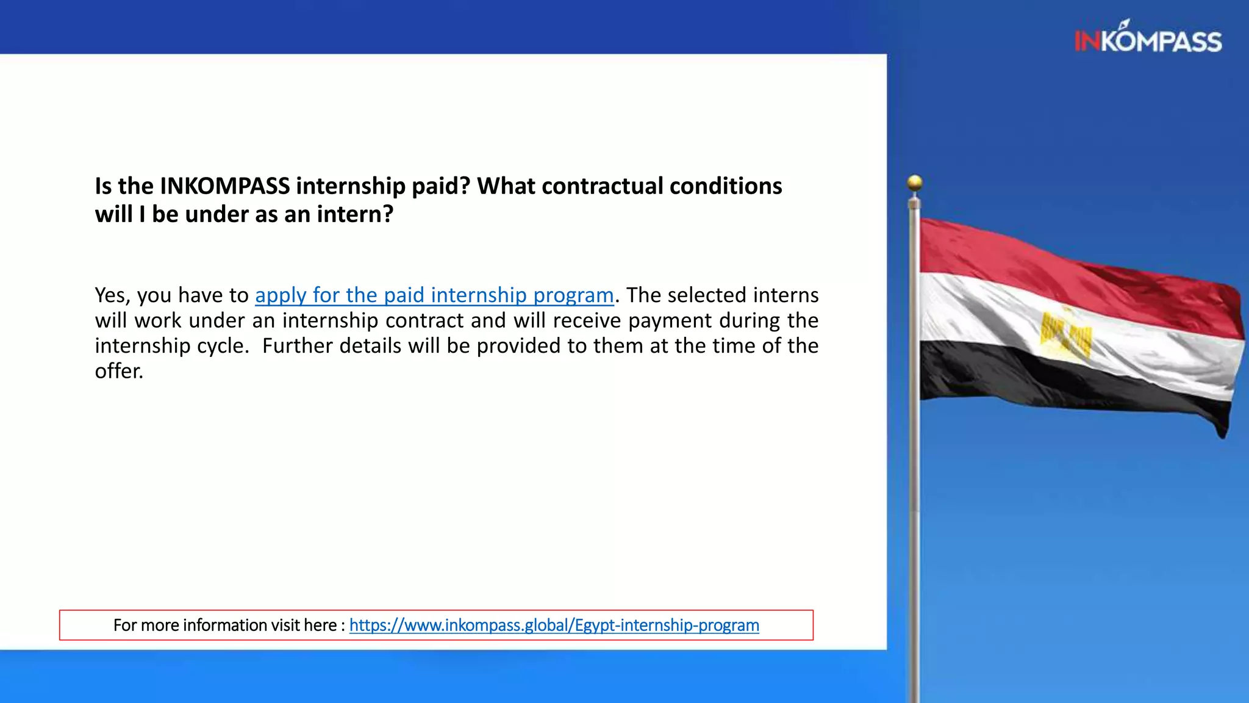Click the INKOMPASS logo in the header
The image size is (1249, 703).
click(x=1148, y=39)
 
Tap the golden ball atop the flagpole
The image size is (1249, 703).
click(x=915, y=182)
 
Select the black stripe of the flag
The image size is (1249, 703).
click(x=1037, y=381)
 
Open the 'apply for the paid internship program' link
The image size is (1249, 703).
click(x=434, y=295)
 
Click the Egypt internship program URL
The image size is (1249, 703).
click(x=554, y=625)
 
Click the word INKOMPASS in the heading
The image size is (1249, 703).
click(x=224, y=186)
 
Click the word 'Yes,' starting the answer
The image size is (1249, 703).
click(x=113, y=295)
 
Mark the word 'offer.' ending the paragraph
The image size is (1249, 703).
click(x=119, y=371)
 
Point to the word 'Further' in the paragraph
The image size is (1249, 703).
click(x=298, y=346)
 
